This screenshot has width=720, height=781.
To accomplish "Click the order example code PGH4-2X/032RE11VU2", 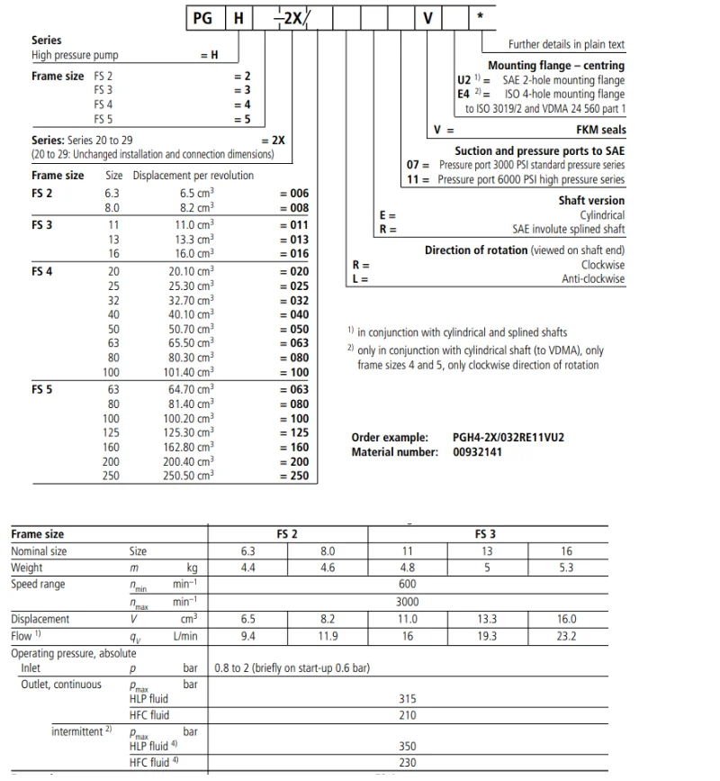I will (508, 438).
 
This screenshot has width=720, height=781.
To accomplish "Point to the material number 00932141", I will (478, 451).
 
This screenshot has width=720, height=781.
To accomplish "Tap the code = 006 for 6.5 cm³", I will (294, 193).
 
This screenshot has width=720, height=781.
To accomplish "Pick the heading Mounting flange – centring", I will (556, 66).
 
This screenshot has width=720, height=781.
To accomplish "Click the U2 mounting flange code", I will (463, 80).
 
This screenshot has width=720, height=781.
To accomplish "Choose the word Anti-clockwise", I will (593, 279).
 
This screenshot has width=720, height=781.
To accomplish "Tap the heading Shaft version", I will (591, 201).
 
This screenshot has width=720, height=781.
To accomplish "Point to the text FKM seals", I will (600, 130).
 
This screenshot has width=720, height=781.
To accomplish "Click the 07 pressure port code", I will (414, 166).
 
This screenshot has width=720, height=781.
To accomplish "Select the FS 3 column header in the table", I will (487, 534).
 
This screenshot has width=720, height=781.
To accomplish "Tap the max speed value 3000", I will (407, 601).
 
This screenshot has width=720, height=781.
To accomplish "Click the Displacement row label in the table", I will (40, 619).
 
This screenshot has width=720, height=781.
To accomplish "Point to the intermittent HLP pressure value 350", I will (407, 747).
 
